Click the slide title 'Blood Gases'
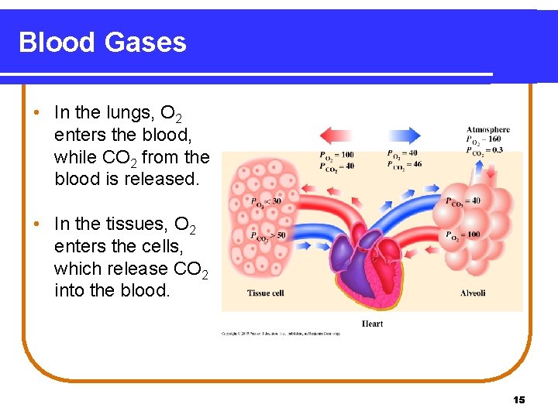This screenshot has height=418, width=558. click(x=102, y=42)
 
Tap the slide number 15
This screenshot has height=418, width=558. click(x=519, y=399)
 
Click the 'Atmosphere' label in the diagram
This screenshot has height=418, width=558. click(x=488, y=129)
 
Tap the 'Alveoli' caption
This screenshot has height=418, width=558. click(x=473, y=293)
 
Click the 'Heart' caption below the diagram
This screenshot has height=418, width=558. click(x=372, y=323)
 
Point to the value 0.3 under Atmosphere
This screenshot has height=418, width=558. click(x=496, y=150)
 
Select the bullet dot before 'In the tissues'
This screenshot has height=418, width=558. click(x=36, y=224)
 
